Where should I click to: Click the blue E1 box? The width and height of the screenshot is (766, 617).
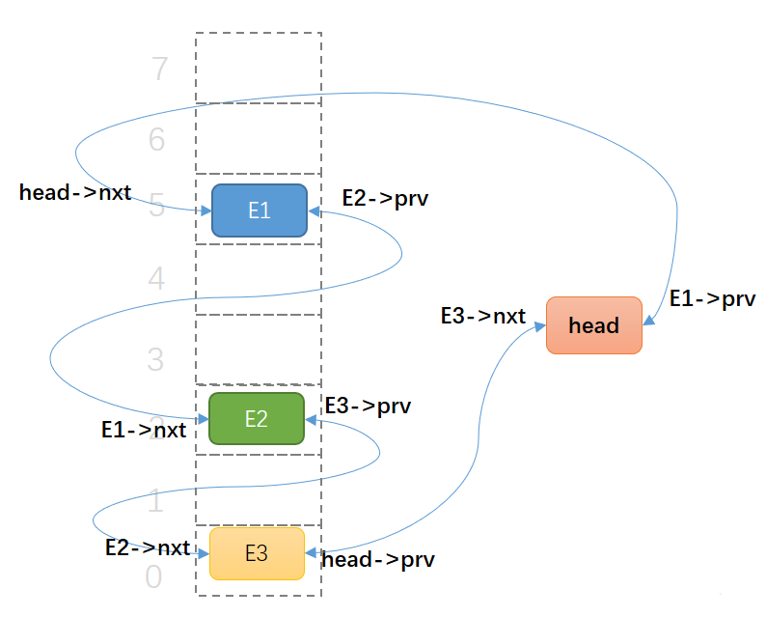(259, 210)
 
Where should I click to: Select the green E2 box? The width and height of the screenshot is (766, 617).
(256, 418)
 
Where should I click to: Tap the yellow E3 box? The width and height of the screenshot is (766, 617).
(257, 553)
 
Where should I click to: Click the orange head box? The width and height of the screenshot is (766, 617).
(593, 325)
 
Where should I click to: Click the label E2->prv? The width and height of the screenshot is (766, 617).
(385, 199)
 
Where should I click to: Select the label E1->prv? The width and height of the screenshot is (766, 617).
(712, 299)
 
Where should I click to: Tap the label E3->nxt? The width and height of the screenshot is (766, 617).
(482, 316)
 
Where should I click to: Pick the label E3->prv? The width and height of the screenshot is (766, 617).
(368, 406)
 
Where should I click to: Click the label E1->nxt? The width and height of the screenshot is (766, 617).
(144, 430)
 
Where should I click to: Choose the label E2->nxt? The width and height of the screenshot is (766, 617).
(148, 547)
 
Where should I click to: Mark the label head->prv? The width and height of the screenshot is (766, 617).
(377, 559)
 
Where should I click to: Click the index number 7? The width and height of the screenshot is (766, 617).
(159, 70)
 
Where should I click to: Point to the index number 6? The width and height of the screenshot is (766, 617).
(157, 140)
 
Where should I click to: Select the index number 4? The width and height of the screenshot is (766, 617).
(157, 280)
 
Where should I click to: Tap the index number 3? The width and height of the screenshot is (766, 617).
(156, 360)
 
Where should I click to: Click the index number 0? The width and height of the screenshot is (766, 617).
(153, 577)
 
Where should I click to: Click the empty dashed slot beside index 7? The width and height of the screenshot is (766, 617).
(259, 68)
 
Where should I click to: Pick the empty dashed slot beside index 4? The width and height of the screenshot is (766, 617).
(259, 279)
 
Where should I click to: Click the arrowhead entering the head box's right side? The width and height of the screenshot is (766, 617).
(648, 326)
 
